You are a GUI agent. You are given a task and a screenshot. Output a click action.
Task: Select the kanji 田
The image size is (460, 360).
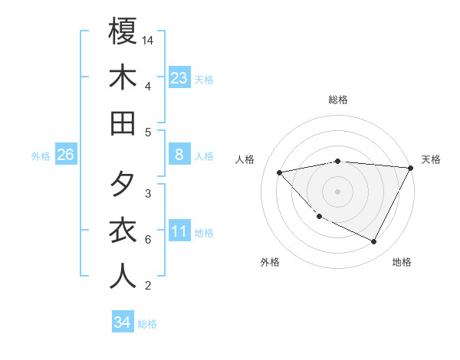point(123,123)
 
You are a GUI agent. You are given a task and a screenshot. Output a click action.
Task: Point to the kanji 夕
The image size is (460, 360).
point(123,185)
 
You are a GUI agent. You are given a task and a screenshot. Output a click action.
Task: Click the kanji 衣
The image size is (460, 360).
point(123,231)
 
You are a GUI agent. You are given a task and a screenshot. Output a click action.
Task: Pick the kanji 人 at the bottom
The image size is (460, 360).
point(123,277)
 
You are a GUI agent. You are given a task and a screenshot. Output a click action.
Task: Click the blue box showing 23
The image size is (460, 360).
point(179,77)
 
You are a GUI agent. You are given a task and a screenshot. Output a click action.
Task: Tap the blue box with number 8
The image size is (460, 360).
point(179,155)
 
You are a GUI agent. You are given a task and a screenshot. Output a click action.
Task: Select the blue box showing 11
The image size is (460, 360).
point(179,231)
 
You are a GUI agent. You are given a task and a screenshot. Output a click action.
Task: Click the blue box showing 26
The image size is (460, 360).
point(66,155)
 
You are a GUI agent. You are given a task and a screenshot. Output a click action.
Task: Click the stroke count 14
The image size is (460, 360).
point(149,39)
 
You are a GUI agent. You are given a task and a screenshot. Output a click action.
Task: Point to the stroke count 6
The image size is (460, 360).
point(147,240)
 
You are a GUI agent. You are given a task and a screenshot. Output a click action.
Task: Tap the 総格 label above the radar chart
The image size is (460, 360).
point(338,100)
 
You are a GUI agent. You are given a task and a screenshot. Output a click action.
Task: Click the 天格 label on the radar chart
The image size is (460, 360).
point(431,159)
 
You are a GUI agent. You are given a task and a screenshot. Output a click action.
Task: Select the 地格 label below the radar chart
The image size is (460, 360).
point(402,262)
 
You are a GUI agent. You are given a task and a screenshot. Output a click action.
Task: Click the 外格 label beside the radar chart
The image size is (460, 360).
point(270,262)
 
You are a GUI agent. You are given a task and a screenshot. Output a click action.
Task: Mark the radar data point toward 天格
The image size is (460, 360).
point(411,168)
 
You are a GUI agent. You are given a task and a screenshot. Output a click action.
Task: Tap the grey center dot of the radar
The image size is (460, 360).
point(337,191)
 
